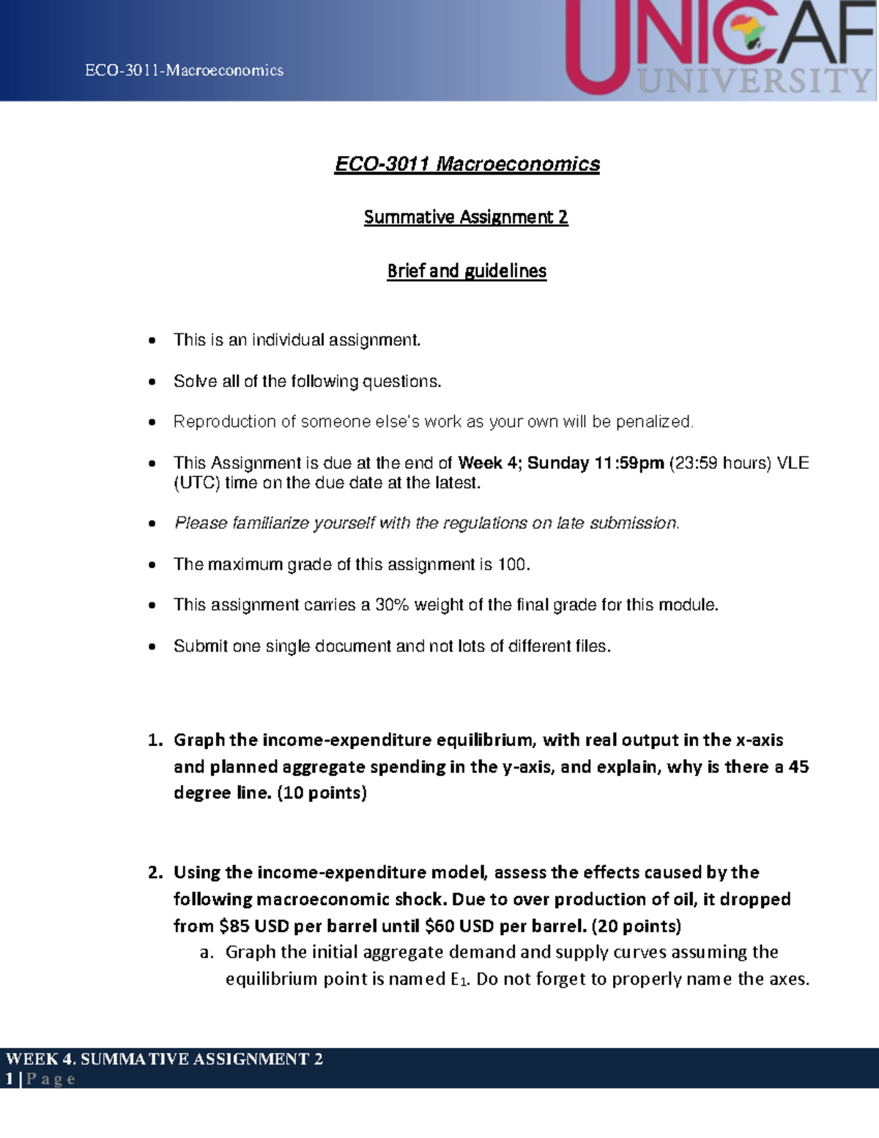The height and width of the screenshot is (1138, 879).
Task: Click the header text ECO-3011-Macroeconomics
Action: pos(184,70)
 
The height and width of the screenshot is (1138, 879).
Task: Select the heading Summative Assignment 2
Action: pos(466,217)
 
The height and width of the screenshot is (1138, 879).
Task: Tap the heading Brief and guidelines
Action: pos(467,271)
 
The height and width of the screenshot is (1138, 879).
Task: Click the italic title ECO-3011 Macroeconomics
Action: pos(467,163)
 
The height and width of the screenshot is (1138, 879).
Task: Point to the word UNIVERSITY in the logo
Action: pos(754,81)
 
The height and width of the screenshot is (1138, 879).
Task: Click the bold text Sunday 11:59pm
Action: pos(596,463)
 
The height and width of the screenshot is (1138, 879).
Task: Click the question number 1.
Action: pos(154,740)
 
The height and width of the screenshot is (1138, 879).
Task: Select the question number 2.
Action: pos(154,873)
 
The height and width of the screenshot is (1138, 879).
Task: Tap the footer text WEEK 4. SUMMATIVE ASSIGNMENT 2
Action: pos(164,1059)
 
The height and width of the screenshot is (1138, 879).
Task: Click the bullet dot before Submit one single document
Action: pos(152,647)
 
